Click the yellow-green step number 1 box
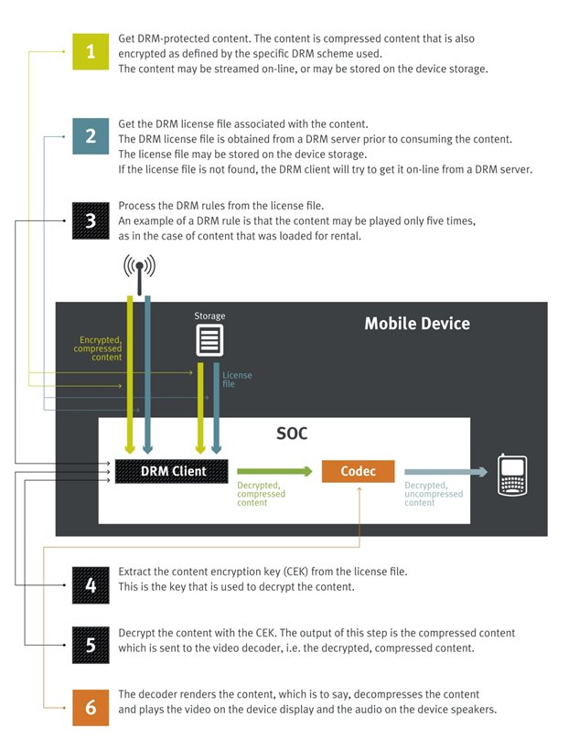coord(90,52)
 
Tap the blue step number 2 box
coord(90,136)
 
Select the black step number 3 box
coord(90,220)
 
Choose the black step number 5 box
coord(90,645)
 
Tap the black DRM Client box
coord(173,472)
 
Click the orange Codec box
coord(358,472)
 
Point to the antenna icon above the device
coord(139,268)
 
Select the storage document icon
coord(209,341)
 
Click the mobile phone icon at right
coord(512,475)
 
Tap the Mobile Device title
coord(416,324)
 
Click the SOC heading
coord(293,433)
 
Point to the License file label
coord(237,380)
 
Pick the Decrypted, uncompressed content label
coord(433,494)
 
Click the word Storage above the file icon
coord(209,316)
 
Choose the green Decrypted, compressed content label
coord(261,494)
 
